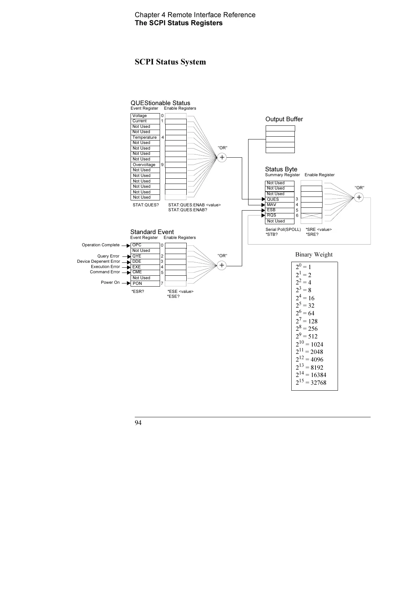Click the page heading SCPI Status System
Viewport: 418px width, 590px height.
click(170, 62)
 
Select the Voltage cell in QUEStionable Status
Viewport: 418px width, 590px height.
click(145, 116)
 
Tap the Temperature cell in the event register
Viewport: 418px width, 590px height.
click(145, 137)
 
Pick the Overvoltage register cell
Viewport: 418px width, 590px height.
click(145, 165)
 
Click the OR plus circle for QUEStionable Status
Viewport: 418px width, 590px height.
click(222, 158)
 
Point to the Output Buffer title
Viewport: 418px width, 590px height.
click(284, 119)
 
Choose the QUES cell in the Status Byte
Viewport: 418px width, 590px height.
click(280, 199)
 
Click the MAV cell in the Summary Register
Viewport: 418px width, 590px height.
click(280, 205)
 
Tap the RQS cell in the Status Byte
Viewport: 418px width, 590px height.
click(280, 215)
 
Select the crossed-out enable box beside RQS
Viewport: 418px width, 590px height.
click(311, 215)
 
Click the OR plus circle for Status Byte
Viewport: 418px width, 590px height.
click(359, 198)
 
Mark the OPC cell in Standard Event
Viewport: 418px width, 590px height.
click(145, 245)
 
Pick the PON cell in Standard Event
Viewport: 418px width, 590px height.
click(145, 283)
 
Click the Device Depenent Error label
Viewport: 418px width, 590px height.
click(98, 261)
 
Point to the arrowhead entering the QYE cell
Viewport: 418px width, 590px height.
click(129, 256)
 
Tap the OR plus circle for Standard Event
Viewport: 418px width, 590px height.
click(222, 266)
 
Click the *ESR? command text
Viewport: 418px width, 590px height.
click(138, 291)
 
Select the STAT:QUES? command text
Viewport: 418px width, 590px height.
click(146, 205)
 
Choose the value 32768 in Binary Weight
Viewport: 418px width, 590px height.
click(318, 383)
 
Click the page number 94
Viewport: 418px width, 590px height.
click(138, 423)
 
